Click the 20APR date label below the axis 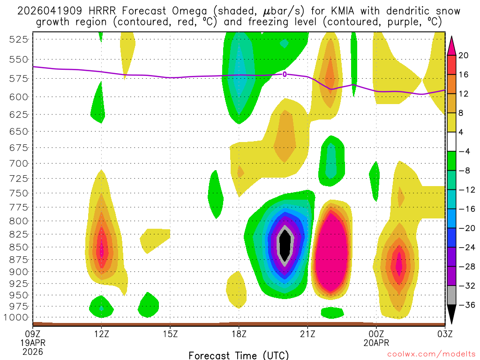click(376, 342)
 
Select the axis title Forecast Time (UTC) click(239, 355)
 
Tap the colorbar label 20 click(464, 55)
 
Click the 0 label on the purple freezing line click(285, 74)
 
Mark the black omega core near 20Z click(285, 244)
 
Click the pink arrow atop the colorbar click(451, 45)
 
